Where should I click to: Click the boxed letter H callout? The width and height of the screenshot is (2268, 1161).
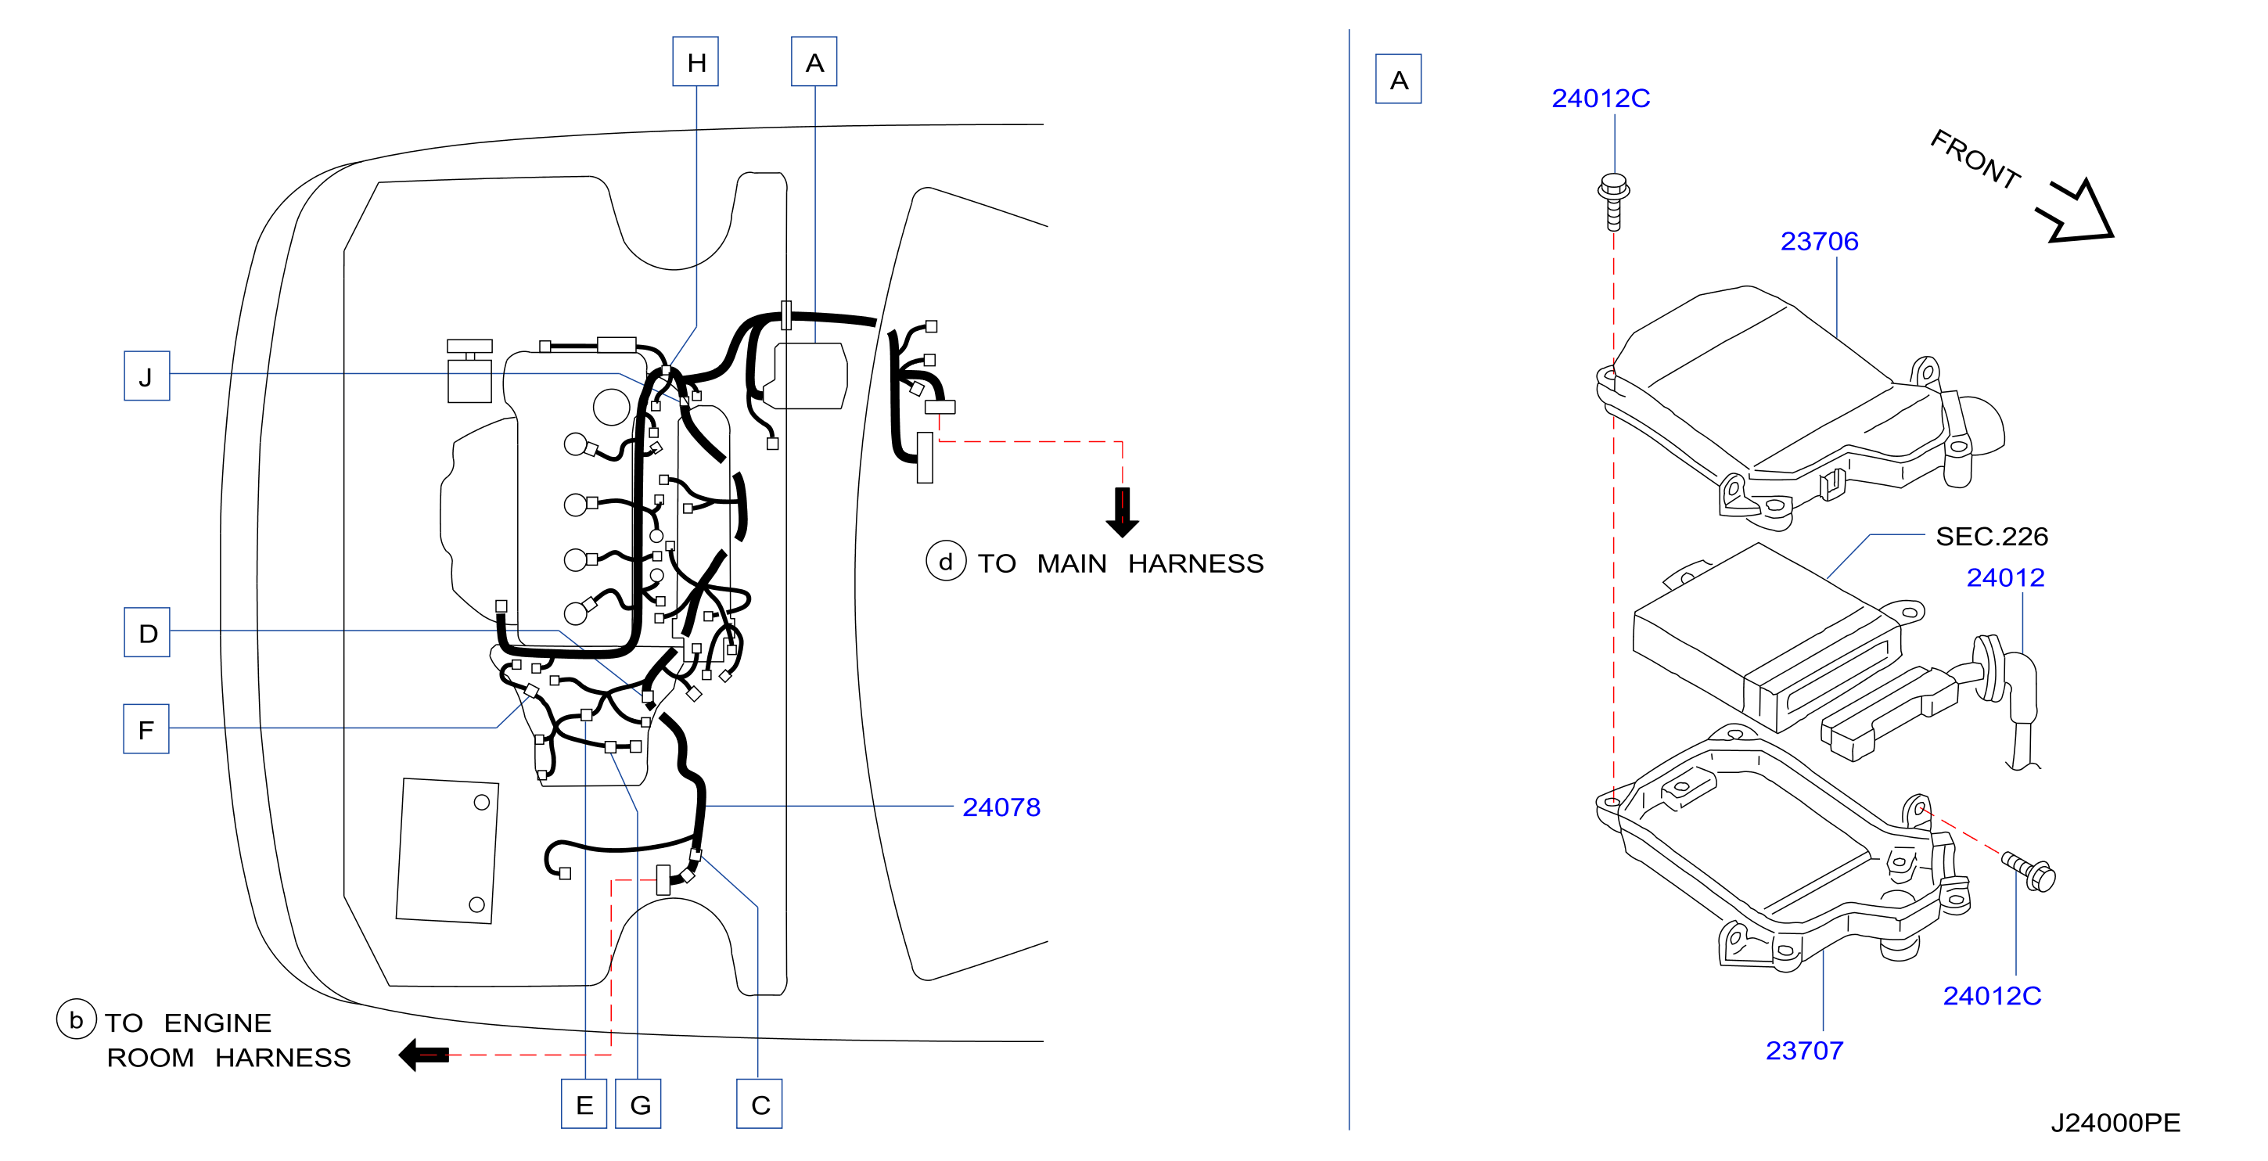(x=695, y=62)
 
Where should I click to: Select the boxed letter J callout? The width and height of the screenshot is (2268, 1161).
(x=147, y=376)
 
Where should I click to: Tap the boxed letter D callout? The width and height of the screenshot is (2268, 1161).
(x=147, y=632)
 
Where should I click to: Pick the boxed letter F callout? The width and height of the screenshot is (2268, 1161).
(x=146, y=729)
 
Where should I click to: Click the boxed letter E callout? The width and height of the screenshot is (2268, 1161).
(x=584, y=1104)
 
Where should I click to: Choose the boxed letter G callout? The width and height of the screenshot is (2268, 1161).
(x=638, y=1104)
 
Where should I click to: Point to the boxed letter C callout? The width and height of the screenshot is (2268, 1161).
(x=760, y=1104)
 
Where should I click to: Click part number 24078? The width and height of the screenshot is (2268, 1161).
(x=1001, y=807)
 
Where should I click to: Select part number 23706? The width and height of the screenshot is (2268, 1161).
(x=1819, y=241)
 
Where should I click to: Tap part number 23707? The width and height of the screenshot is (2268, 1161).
(x=1804, y=1050)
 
